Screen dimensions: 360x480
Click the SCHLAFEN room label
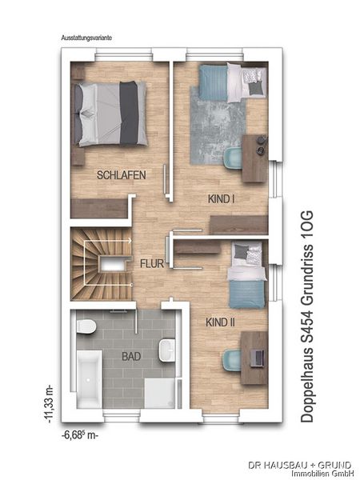pyautogui.click(x=122, y=175)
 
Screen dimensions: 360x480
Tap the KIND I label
pyautogui.click(x=222, y=199)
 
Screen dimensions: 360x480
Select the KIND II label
pyautogui.click(x=220, y=322)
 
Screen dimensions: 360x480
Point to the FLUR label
pyautogui.click(x=152, y=264)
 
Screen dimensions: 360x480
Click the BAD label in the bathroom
pyautogui.click(x=131, y=356)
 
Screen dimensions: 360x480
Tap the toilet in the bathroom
pyautogui.click(x=86, y=326)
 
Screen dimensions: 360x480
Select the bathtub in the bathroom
pyautogui.click(x=89, y=379)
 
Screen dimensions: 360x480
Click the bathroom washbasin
pyautogui.click(x=167, y=350)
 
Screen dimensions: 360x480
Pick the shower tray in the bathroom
pyautogui.click(x=159, y=394)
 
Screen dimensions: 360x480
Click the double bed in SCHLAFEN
pyautogui.click(x=110, y=114)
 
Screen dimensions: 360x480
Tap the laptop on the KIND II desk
pyautogui.click(x=257, y=358)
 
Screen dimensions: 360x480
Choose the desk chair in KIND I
pyautogui.click(x=233, y=158)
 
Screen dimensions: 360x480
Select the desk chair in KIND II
pyautogui.click(x=232, y=360)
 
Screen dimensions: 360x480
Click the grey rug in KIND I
pyautogui.click(x=218, y=126)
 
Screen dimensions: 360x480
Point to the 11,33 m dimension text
pyautogui.click(x=50, y=405)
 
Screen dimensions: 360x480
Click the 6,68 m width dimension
pyautogui.click(x=80, y=435)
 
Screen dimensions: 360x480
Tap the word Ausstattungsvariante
pyautogui.click(x=86, y=38)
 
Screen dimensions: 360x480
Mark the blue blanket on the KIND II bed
pyautogui.click(x=246, y=294)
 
